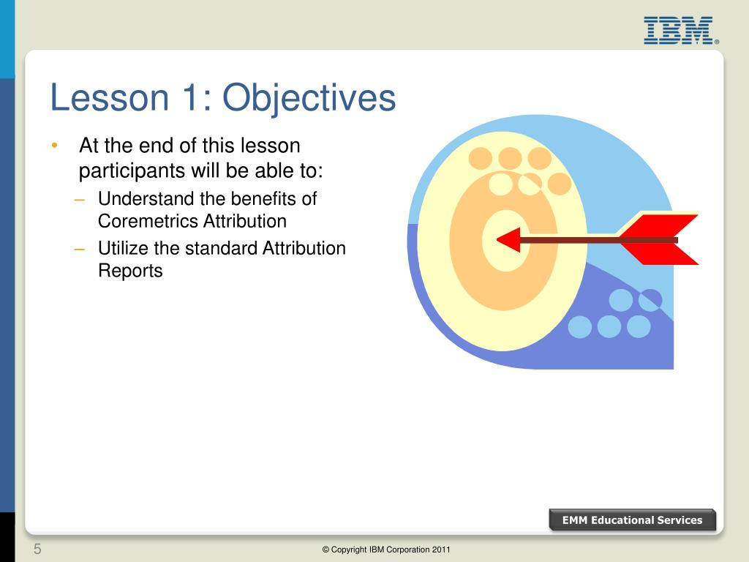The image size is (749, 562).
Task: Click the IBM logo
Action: click(x=681, y=31)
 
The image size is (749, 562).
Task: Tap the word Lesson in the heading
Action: click(x=110, y=97)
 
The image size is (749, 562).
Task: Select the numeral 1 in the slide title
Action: click(x=190, y=97)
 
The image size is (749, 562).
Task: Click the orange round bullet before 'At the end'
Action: click(x=54, y=145)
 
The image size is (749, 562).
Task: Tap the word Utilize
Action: click(x=123, y=248)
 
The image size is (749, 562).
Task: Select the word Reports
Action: click(x=130, y=271)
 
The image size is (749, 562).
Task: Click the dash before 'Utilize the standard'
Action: click(x=79, y=249)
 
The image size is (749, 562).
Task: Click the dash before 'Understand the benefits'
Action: click(x=79, y=199)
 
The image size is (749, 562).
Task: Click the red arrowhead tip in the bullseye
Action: click(x=497, y=240)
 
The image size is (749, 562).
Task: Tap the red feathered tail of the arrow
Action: click(x=659, y=239)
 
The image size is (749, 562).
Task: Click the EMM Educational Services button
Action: click(x=633, y=520)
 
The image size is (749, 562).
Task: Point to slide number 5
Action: click(x=37, y=549)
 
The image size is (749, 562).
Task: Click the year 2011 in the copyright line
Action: click(x=441, y=550)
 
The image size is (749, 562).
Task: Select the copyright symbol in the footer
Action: click(x=325, y=550)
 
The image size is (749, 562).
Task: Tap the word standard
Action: click(x=221, y=248)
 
